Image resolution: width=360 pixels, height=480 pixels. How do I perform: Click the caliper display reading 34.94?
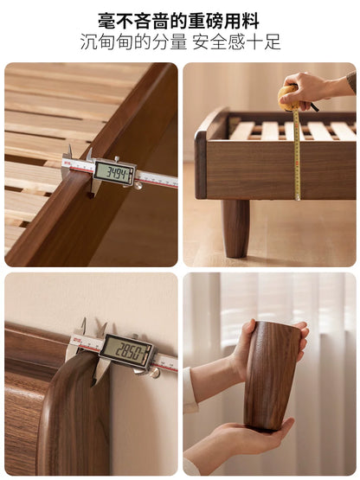(113, 173)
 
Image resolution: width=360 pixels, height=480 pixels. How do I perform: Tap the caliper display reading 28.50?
(126, 351)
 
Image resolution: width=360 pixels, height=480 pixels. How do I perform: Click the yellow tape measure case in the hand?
(288, 98)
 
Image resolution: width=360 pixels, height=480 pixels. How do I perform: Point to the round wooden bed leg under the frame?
(235, 228)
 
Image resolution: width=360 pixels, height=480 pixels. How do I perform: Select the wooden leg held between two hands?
(271, 375)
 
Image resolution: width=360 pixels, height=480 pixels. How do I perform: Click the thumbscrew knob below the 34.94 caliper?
(138, 185)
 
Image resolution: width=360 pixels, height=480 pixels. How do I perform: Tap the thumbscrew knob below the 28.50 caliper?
(154, 372)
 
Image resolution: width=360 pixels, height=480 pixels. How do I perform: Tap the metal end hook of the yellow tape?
(298, 198)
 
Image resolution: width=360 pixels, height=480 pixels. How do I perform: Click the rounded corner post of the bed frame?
(201, 165)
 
